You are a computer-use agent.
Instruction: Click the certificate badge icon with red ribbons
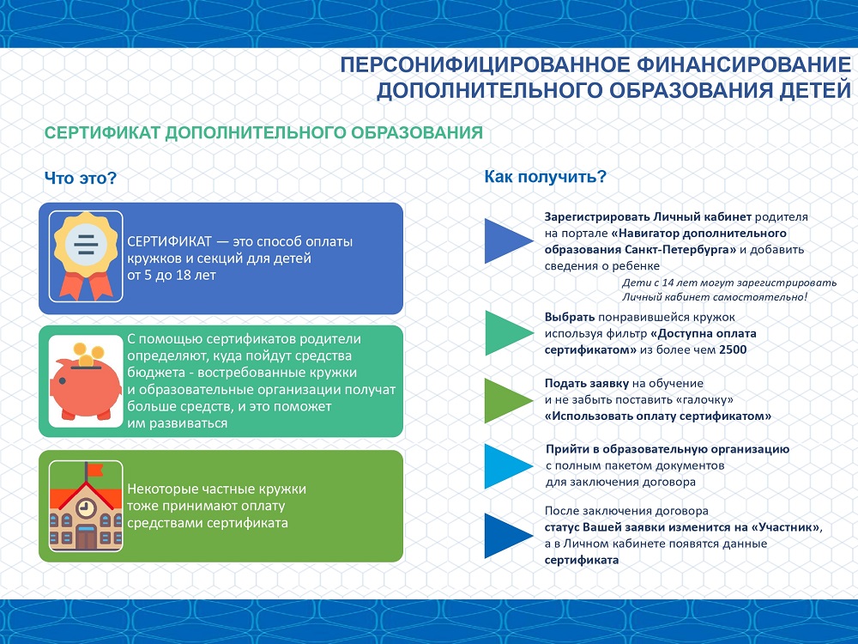point(84,256)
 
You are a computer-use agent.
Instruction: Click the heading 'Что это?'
point(80,179)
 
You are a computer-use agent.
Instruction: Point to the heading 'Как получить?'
point(546,177)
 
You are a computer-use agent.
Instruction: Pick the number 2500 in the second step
point(733,349)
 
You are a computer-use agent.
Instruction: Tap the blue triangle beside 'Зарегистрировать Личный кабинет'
point(507,240)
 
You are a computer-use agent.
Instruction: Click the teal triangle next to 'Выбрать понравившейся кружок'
point(507,333)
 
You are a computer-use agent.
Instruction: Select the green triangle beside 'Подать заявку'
point(507,400)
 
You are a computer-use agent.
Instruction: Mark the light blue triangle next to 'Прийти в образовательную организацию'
point(507,465)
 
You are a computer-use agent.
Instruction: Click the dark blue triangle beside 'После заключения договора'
point(507,536)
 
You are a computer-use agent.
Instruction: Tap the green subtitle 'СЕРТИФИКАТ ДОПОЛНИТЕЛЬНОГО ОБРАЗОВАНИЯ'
point(263,134)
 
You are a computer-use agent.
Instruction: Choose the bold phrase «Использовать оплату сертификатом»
point(658,416)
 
